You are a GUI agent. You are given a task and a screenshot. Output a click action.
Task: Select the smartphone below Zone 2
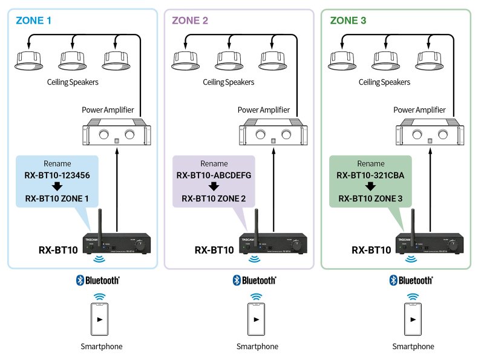click(257, 319)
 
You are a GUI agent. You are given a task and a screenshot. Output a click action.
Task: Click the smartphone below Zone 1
click(101, 319)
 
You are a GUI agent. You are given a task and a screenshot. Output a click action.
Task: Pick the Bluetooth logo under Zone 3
click(412, 280)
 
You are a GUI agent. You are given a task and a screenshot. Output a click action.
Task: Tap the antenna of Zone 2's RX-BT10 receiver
click(256, 221)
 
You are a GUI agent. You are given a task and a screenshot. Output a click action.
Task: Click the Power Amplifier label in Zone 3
click(419, 110)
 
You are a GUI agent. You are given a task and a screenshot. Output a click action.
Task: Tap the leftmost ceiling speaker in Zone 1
click(29, 60)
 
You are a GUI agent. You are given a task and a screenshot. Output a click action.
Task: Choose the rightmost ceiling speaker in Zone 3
click(429, 60)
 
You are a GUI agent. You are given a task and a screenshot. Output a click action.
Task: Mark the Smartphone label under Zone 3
click(413, 347)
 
